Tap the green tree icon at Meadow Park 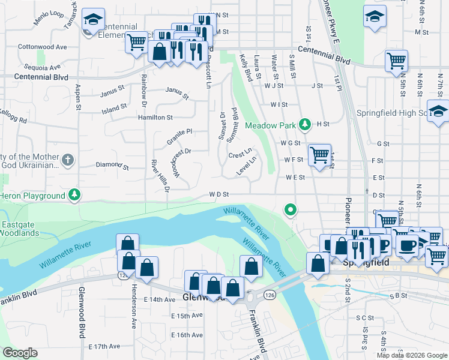pyautogui.click(x=305, y=124)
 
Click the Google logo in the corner pyautogui.click(x=20, y=353)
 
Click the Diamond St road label pyautogui.click(x=112, y=164)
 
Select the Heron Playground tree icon pyautogui.click(x=74, y=194)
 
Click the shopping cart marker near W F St pyautogui.click(x=320, y=155)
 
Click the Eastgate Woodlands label pyautogui.click(x=20, y=228)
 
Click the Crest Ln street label pyautogui.click(x=240, y=154)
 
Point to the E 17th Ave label pyautogui.click(x=104, y=346)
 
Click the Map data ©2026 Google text pyautogui.click(x=411, y=355)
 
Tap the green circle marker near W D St pyautogui.click(x=291, y=209)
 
